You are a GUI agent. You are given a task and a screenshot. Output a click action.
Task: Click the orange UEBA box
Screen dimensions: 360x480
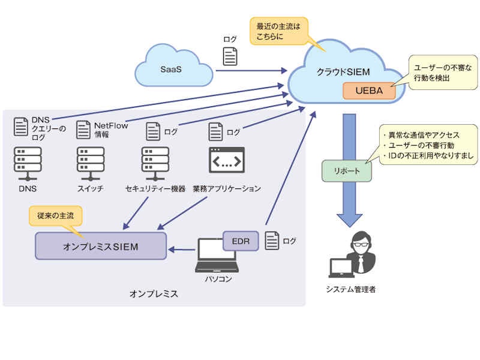pyautogui.click(x=368, y=91)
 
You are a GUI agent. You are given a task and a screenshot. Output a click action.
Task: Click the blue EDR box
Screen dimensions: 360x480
pyautogui.click(x=241, y=241)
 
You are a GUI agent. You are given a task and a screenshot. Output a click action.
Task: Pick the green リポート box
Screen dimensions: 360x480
pyautogui.click(x=346, y=170)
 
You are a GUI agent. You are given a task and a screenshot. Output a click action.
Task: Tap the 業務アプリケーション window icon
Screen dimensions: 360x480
pyautogui.click(x=226, y=160)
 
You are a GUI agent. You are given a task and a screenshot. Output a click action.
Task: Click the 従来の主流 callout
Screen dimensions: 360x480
pyautogui.click(x=56, y=215)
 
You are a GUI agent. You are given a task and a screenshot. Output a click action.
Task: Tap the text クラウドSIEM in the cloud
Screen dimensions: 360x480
pyautogui.click(x=343, y=72)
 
